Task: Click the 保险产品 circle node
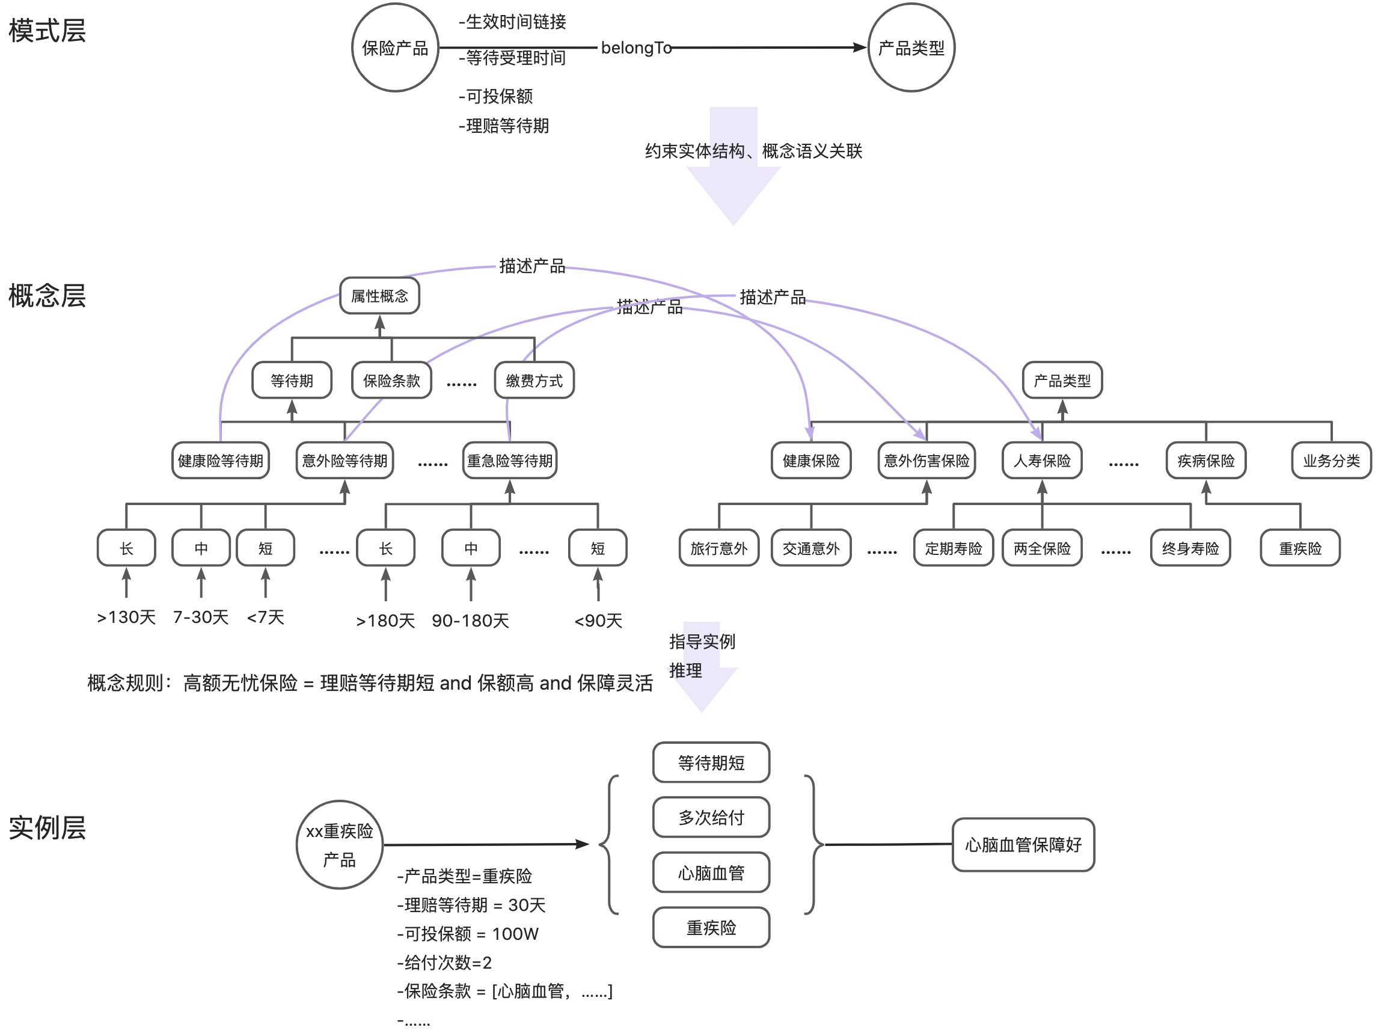point(395,48)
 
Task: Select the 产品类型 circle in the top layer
point(911,48)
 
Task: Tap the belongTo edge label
point(635,48)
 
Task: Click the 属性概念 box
point(379,296)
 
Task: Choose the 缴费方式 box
point(534,380)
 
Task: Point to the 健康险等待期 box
point(221,461)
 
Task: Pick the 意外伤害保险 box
point(926,461)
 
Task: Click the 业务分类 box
point(1331,461)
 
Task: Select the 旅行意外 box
point(719,548)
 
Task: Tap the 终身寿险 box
point(1190,548)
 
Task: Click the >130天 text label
point(126,617)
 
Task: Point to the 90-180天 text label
point(470,621)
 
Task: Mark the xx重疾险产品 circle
point(340,845)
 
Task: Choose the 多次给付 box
point(711,817)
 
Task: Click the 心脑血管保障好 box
point(1023,845)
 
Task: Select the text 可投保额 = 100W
point(468,934)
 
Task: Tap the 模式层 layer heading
point(47,31)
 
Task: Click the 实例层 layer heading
point(47,828)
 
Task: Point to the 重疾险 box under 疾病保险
point(1300,548)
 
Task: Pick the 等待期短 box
point(711,762)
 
